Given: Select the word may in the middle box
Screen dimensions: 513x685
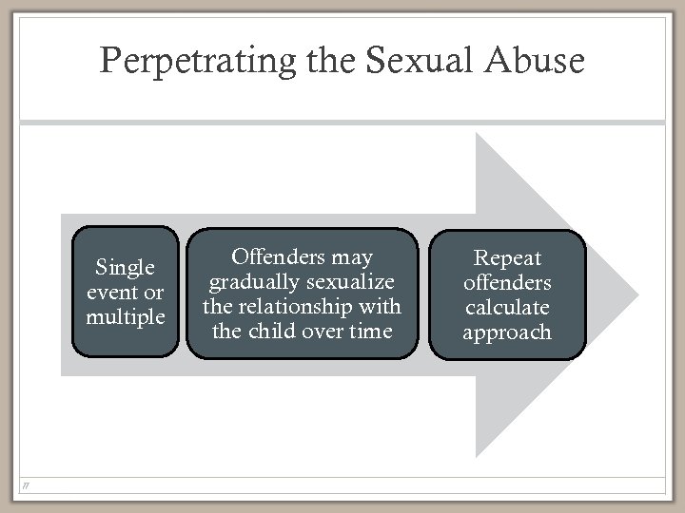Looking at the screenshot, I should coord(352,258).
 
